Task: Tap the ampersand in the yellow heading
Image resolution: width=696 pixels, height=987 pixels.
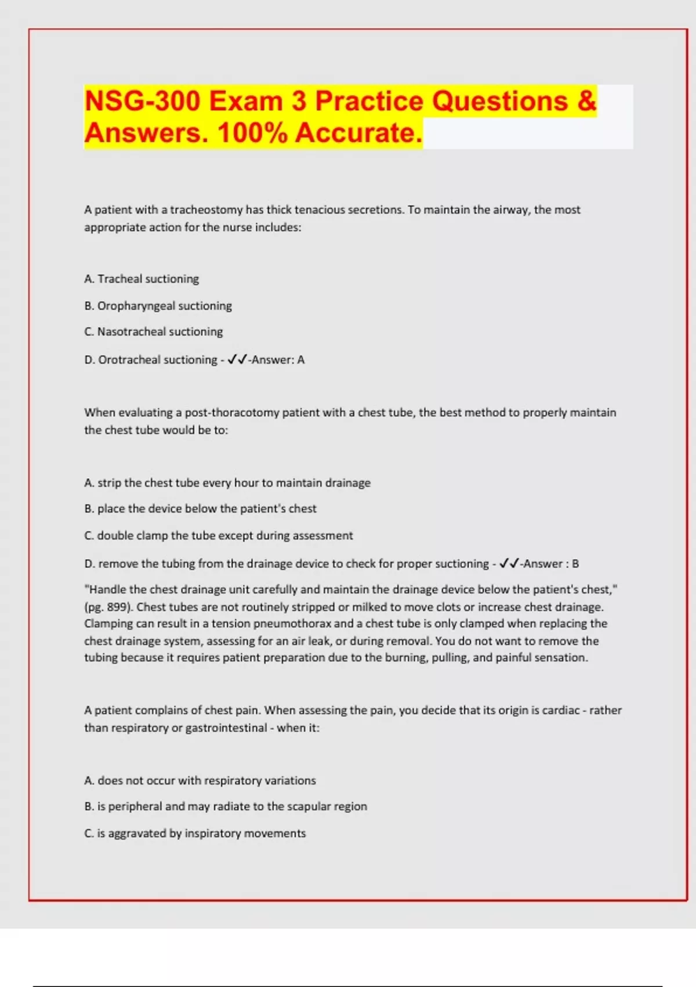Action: pyautogui.click(x=586, y=101)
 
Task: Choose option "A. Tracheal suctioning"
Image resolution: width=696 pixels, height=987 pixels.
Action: pyautogui.click(x=142, y=279)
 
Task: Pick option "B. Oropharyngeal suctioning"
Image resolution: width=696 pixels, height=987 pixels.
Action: pyautogui.click(x=158, y=306)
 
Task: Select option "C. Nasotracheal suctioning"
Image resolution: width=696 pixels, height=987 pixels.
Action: pyautogui.click(x=153, y=332)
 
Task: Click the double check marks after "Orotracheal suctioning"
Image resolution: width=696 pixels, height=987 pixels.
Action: pyautogui.click(x=237, y=360)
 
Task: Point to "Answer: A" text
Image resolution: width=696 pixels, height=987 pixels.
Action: pyautogui.click(x=278, y=360)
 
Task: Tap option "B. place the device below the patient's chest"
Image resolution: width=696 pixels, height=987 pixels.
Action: pyautogui.click(x=200, y=509)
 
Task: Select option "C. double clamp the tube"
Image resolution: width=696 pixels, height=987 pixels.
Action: pyautogui.click(x=218, y=536)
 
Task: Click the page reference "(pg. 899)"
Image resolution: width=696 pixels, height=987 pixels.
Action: pyautogui.click(x=108, y=607)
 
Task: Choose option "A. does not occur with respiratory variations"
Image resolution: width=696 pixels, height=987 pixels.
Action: pyautogui.click(x=200, y=781)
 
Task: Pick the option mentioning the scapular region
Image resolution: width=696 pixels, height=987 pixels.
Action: pyautogui.click(x=225, y=807)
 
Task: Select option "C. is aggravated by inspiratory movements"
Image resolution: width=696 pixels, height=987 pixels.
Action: pyautogui.click(x=195, y=834)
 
